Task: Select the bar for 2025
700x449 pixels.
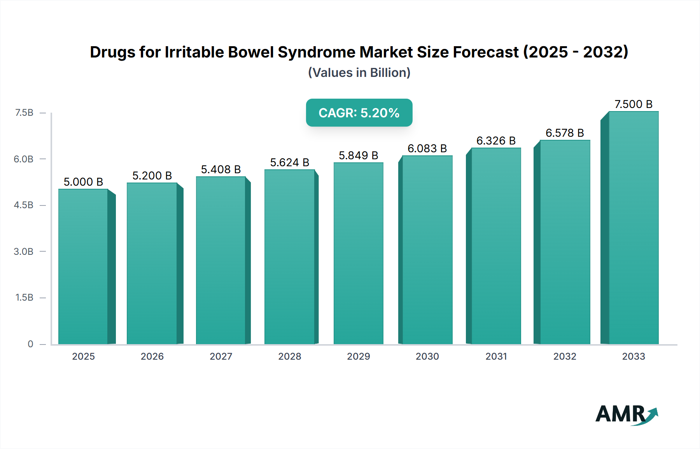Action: click(x=83, y=266)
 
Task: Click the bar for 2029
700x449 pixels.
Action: click(x=358, y=253)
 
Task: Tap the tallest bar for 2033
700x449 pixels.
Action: click(x=633, y=228)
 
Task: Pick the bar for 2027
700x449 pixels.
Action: click(x=221, y=260)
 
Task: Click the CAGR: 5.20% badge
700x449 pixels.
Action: click(x=359, y=113)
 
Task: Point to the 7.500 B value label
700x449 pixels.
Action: click(x=633, y=104)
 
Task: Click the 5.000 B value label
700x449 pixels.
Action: click(x=83, y=182)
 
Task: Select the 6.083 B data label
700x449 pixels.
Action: click(x=427, y=148)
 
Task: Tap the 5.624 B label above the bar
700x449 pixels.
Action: click(x=289, y=162)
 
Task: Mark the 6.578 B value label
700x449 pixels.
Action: click(x=565, y=133)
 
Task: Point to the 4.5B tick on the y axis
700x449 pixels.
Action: click(x=24, y=205)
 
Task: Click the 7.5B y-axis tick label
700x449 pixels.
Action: click(x=24, y=113)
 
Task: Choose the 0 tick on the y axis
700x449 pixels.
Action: click(x=30, y=344)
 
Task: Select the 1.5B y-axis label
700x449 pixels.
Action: click(x=24, y=298)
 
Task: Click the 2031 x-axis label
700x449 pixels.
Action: click(x=496, y=356)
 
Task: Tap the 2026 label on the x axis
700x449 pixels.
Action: click(x=152, y=356)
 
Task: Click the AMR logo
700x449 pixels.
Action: click(x=626, y=414)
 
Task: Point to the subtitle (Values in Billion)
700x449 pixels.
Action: click(x=359, y=73)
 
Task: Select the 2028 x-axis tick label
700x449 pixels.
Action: click(x=289, y=356)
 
